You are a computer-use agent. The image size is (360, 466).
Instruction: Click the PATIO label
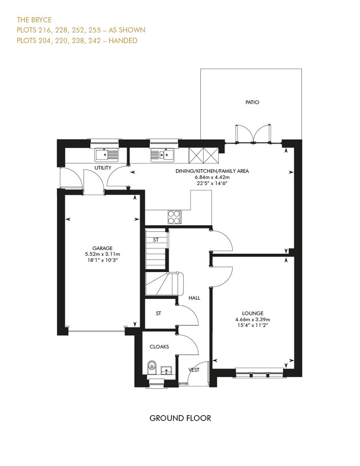click(x=252, y=102)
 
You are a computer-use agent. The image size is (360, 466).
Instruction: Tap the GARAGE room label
click(x=102, y=248)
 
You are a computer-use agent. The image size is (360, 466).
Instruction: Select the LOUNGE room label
click(x=253, y=313)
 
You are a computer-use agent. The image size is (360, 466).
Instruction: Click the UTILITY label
click(x=103, y=168)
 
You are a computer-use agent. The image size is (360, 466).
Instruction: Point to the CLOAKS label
click(x=159, y=346)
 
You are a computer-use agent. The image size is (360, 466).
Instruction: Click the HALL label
click(x=194, y=298)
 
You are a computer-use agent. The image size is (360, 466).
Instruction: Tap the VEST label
click(x=194, y=370)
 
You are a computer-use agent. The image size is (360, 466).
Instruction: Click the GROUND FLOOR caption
click(x=180, y=418)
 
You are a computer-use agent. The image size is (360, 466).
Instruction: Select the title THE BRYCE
click(x=34, y=20)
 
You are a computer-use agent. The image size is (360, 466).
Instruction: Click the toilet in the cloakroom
click(x=152, y=368)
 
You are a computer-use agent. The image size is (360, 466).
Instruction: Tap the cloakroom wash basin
click(x=166, y=370)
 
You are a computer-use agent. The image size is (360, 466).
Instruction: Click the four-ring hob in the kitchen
click(x=174, y=217)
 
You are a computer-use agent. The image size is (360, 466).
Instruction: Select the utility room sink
click(x=106, y=155)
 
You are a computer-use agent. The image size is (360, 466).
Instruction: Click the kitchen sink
click(x=162, y=155)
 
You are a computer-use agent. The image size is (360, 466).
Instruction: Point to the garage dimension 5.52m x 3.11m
click(x=103, y=254)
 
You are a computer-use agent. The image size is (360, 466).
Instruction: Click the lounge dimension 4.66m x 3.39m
click(x=253, y=319)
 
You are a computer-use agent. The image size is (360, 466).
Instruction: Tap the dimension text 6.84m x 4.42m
click(x=212, y=177)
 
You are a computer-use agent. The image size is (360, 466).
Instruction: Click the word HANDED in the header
click(x=123, y=40)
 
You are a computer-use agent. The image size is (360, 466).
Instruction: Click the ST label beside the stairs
click(x=156, y=240)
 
